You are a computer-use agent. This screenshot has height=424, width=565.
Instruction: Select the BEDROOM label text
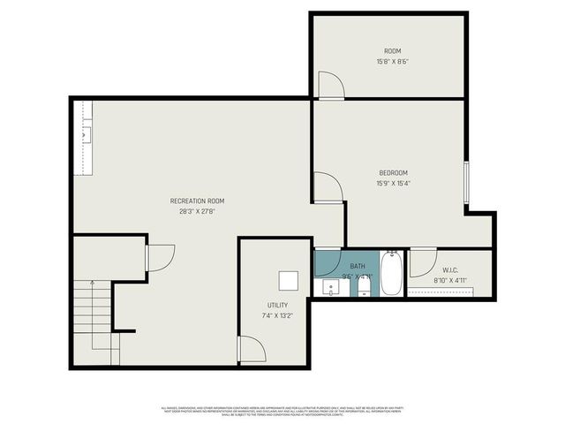(394, 173)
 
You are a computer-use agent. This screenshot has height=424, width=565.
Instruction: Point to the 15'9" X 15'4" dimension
(394, 184)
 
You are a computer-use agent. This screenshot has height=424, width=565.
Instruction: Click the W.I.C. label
(449, 270)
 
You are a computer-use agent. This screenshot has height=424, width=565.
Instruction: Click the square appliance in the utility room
(289, 281)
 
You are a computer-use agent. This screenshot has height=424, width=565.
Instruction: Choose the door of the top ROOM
(330, 84)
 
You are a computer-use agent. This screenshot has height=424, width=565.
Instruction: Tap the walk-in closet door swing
(422, 263)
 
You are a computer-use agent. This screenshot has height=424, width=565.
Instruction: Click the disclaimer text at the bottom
(282, 412)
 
